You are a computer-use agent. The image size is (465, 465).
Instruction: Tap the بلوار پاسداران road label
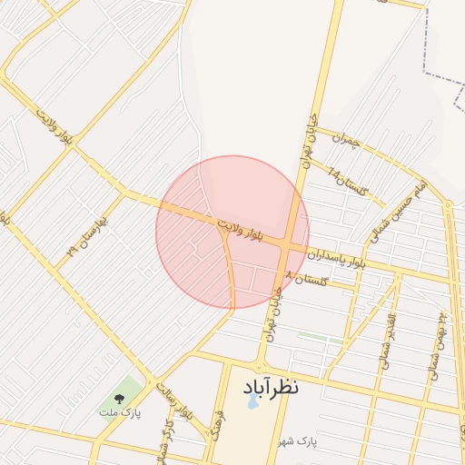[x=338, y=258]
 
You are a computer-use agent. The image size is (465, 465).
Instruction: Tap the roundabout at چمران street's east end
[x=446, y=201]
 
